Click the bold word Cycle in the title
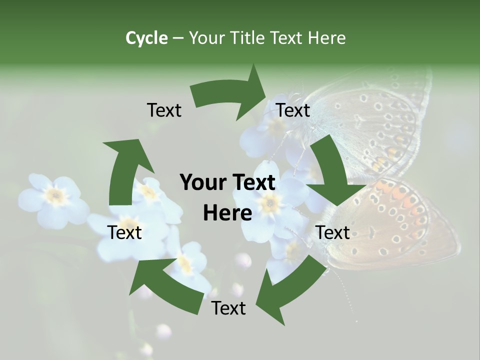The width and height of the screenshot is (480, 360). [146, 38]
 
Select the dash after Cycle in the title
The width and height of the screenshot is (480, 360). [178, 38]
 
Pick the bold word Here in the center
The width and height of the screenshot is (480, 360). [227, 213]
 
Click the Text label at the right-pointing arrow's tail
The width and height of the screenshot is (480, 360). [164, 110]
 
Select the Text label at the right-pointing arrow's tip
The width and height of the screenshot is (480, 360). [293, 110]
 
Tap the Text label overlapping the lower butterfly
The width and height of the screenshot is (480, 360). [332, 232]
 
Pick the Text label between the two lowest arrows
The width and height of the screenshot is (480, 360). [228, 308]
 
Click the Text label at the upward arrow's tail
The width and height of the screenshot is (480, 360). [124, 232]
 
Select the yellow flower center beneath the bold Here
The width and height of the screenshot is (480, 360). [270, 202]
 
